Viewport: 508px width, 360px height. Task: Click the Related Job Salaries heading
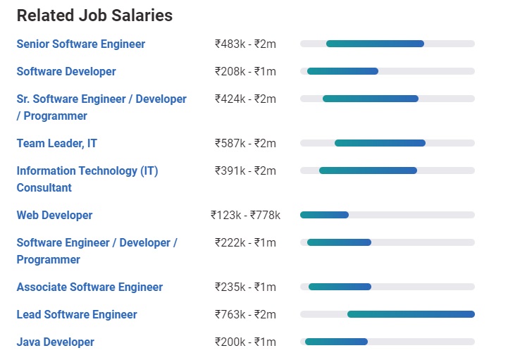pos(94,15)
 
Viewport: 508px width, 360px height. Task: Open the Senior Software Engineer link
pos(80,44)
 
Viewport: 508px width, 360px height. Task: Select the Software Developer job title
pos(66,71)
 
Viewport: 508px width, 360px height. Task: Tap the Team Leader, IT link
pos(57,143)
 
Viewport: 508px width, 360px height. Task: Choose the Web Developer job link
pos(54,215)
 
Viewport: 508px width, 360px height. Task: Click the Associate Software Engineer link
pos(89,287)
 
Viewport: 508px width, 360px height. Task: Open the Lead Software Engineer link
pos(77,314)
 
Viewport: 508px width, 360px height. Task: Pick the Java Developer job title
pos(55,342)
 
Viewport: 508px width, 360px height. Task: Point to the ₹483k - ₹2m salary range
pos(245,44)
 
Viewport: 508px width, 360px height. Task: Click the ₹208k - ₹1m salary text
pos(245,71)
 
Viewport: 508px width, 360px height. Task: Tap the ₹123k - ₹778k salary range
pos(245,215)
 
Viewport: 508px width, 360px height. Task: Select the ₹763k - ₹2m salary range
pos(245,314)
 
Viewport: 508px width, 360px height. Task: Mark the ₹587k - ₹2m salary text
pos(245,143)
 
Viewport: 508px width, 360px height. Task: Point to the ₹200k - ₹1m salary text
pos(245,342)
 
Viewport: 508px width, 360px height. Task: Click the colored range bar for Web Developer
pos(324,215)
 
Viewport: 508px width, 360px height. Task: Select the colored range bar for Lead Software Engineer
pos(411,314)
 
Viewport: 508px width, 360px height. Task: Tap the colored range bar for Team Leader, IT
pos(380,143)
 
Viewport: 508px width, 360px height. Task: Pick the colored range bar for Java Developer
pos(336,342)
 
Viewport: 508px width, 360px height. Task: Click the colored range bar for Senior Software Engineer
pos(375,44)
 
